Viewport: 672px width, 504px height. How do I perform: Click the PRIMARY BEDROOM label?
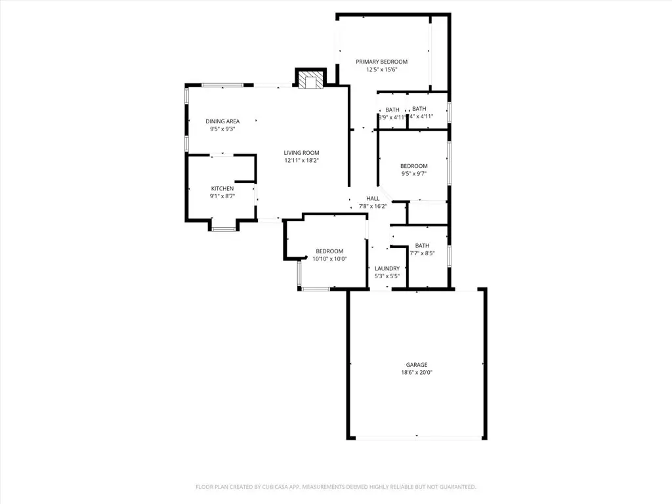382,62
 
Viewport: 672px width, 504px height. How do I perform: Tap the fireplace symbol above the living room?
310,79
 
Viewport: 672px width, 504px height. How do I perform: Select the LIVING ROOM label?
301,153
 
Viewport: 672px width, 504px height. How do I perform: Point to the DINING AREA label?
222,121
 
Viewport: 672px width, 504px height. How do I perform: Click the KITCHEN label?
222,189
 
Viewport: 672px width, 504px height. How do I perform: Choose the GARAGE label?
417,365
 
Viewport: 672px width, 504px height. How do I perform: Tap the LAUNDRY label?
387,268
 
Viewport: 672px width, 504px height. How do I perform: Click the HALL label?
373,198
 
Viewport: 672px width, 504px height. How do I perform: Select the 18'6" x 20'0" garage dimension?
417,373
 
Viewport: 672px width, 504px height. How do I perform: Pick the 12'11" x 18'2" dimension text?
301,161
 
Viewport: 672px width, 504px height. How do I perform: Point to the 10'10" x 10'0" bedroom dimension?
329,259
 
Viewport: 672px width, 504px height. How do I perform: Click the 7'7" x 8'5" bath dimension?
422,253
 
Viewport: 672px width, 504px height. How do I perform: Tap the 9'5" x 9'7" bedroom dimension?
414,174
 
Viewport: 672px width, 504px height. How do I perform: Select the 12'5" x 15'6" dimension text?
382,70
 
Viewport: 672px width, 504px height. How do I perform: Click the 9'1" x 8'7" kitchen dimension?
222,196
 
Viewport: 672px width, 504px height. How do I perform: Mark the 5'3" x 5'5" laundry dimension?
387,276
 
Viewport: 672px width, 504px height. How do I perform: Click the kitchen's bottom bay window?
222,229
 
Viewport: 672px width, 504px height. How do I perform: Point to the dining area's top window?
222,85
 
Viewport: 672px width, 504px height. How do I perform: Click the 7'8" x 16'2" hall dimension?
373,206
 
